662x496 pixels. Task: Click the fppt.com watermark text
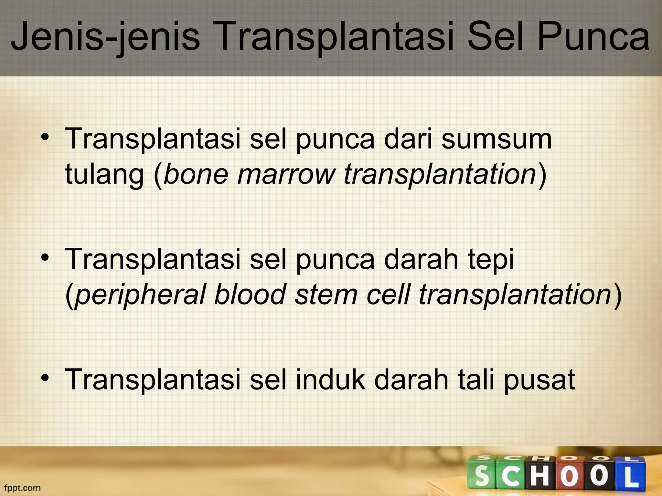[22, 488]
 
